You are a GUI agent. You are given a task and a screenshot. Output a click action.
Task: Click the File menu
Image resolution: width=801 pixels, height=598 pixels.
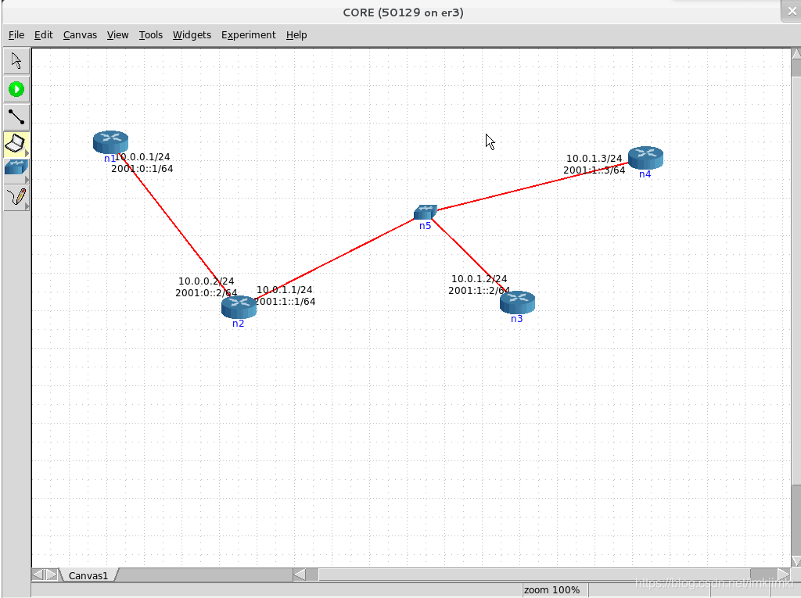pos(16,34)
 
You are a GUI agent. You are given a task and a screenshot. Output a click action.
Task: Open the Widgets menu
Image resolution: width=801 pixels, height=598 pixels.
pos(192,34)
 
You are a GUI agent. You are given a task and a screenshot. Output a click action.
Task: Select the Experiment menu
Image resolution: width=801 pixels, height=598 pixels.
pos(248,34)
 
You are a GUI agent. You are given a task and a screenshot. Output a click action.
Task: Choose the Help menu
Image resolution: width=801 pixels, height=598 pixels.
pos(296,34)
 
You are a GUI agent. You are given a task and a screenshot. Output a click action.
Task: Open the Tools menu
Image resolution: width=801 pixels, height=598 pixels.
pos(151,34)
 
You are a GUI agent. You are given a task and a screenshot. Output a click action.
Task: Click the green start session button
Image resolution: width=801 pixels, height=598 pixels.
pos(16,89)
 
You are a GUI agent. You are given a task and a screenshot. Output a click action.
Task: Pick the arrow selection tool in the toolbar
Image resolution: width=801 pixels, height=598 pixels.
pos(16,61)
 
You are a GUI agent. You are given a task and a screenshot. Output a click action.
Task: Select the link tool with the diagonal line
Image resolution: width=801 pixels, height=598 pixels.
pos(16,117)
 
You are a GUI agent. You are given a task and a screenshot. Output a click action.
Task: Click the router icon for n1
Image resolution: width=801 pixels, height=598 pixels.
pos(110,141)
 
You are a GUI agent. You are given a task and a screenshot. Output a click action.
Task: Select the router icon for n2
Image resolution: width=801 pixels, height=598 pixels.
pos(239,306)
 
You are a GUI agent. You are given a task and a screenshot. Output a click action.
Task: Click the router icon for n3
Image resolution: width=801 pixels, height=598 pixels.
pos(517,302)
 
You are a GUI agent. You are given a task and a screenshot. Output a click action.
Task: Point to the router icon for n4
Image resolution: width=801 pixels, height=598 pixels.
pos(645,157)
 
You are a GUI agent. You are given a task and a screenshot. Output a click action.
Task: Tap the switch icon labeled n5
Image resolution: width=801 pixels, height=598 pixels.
pos(425,212)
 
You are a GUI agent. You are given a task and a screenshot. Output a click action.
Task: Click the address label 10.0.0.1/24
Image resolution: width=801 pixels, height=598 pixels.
pos(142,157)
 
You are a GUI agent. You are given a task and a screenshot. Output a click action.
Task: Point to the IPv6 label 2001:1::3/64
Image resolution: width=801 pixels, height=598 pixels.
pos(594,170)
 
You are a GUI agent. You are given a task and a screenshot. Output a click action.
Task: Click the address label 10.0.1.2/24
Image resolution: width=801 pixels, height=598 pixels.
pos(479,279)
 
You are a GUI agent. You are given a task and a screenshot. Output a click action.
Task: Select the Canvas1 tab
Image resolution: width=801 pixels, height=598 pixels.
pos(88,575)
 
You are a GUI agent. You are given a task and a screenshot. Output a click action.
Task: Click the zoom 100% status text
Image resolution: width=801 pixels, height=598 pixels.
pos(551,589)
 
